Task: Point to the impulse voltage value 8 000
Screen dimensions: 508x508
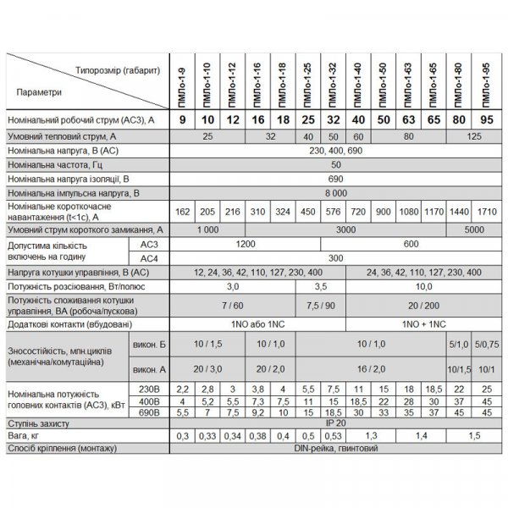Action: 336,193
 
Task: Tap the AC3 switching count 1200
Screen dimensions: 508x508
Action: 246,244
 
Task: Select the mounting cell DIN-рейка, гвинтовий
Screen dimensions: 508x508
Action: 336,449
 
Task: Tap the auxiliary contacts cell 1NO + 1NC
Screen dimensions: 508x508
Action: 412,323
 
